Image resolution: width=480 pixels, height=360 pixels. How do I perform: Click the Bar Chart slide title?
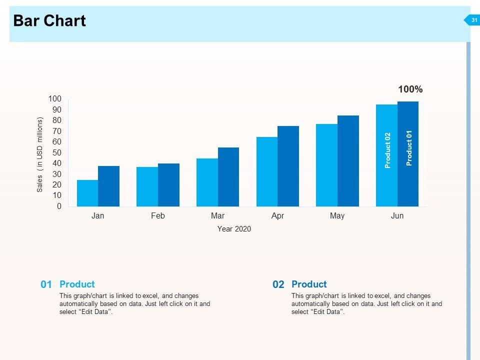[49, 21]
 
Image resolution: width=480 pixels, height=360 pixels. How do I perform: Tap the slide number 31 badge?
[474, 20]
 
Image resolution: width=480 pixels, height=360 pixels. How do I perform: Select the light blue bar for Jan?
[87, 193]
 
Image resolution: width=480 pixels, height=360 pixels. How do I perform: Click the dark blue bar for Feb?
[168, 185]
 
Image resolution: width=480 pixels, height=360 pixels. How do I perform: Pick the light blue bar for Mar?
[207, 182]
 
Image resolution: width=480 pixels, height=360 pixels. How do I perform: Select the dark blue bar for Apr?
[288, 166]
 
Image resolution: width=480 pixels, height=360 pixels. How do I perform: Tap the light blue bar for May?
[326, 165]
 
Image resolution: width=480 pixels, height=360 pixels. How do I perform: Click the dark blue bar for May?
[348, 161]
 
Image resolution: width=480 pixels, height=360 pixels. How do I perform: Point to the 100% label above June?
[410, 89]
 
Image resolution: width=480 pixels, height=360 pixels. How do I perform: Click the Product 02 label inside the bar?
[387, 150]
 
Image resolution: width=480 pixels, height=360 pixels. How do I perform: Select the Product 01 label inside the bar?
[409, 148]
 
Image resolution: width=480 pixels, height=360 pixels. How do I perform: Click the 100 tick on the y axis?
[54, 99]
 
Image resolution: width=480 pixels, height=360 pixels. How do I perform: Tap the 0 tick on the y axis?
[59, 206]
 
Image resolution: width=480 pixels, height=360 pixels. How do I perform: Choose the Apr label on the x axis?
[277, 216]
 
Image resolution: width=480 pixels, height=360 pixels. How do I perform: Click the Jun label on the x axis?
[397, 216]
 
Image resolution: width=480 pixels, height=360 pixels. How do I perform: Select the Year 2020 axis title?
[234, 229]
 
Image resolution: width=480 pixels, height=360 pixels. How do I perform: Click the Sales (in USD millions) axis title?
[40, 155]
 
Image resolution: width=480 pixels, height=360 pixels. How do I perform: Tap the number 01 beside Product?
[46, 284]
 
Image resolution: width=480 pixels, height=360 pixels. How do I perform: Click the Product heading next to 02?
[309, 284]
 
